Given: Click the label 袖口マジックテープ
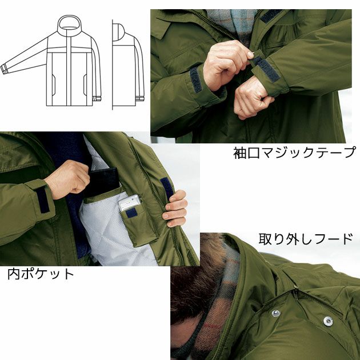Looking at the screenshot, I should point(294,154).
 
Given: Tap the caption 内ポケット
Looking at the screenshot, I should point(41,273).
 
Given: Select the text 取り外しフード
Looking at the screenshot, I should point(306,238).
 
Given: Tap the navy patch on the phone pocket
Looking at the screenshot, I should point(131,213).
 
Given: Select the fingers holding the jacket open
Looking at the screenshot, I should point(175,209).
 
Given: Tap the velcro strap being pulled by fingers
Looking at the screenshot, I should point(264,67).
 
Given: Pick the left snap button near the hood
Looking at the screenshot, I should point(275,313).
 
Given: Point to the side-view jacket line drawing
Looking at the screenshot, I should point(127,63).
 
